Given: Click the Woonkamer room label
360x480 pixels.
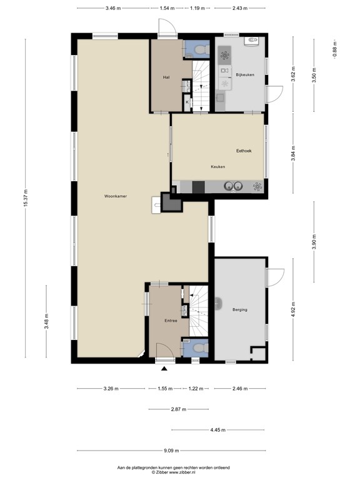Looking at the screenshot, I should click(116, 196).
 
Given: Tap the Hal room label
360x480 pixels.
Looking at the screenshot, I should click(166, 77).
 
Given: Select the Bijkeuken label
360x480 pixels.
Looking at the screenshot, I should click(246, 75).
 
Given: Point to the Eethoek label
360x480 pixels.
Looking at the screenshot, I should click(244, 151).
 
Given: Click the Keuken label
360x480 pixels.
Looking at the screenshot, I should click(217, 167).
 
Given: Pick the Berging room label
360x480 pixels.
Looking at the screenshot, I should click(239, 309).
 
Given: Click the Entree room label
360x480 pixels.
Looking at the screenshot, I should click(171, 321).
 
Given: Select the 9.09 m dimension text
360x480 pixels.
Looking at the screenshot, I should click(171, 451).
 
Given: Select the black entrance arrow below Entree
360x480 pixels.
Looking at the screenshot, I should click(156, 368).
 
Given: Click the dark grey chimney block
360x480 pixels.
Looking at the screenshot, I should click(169, 201).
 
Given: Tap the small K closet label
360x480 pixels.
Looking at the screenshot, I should click(186, 101).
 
